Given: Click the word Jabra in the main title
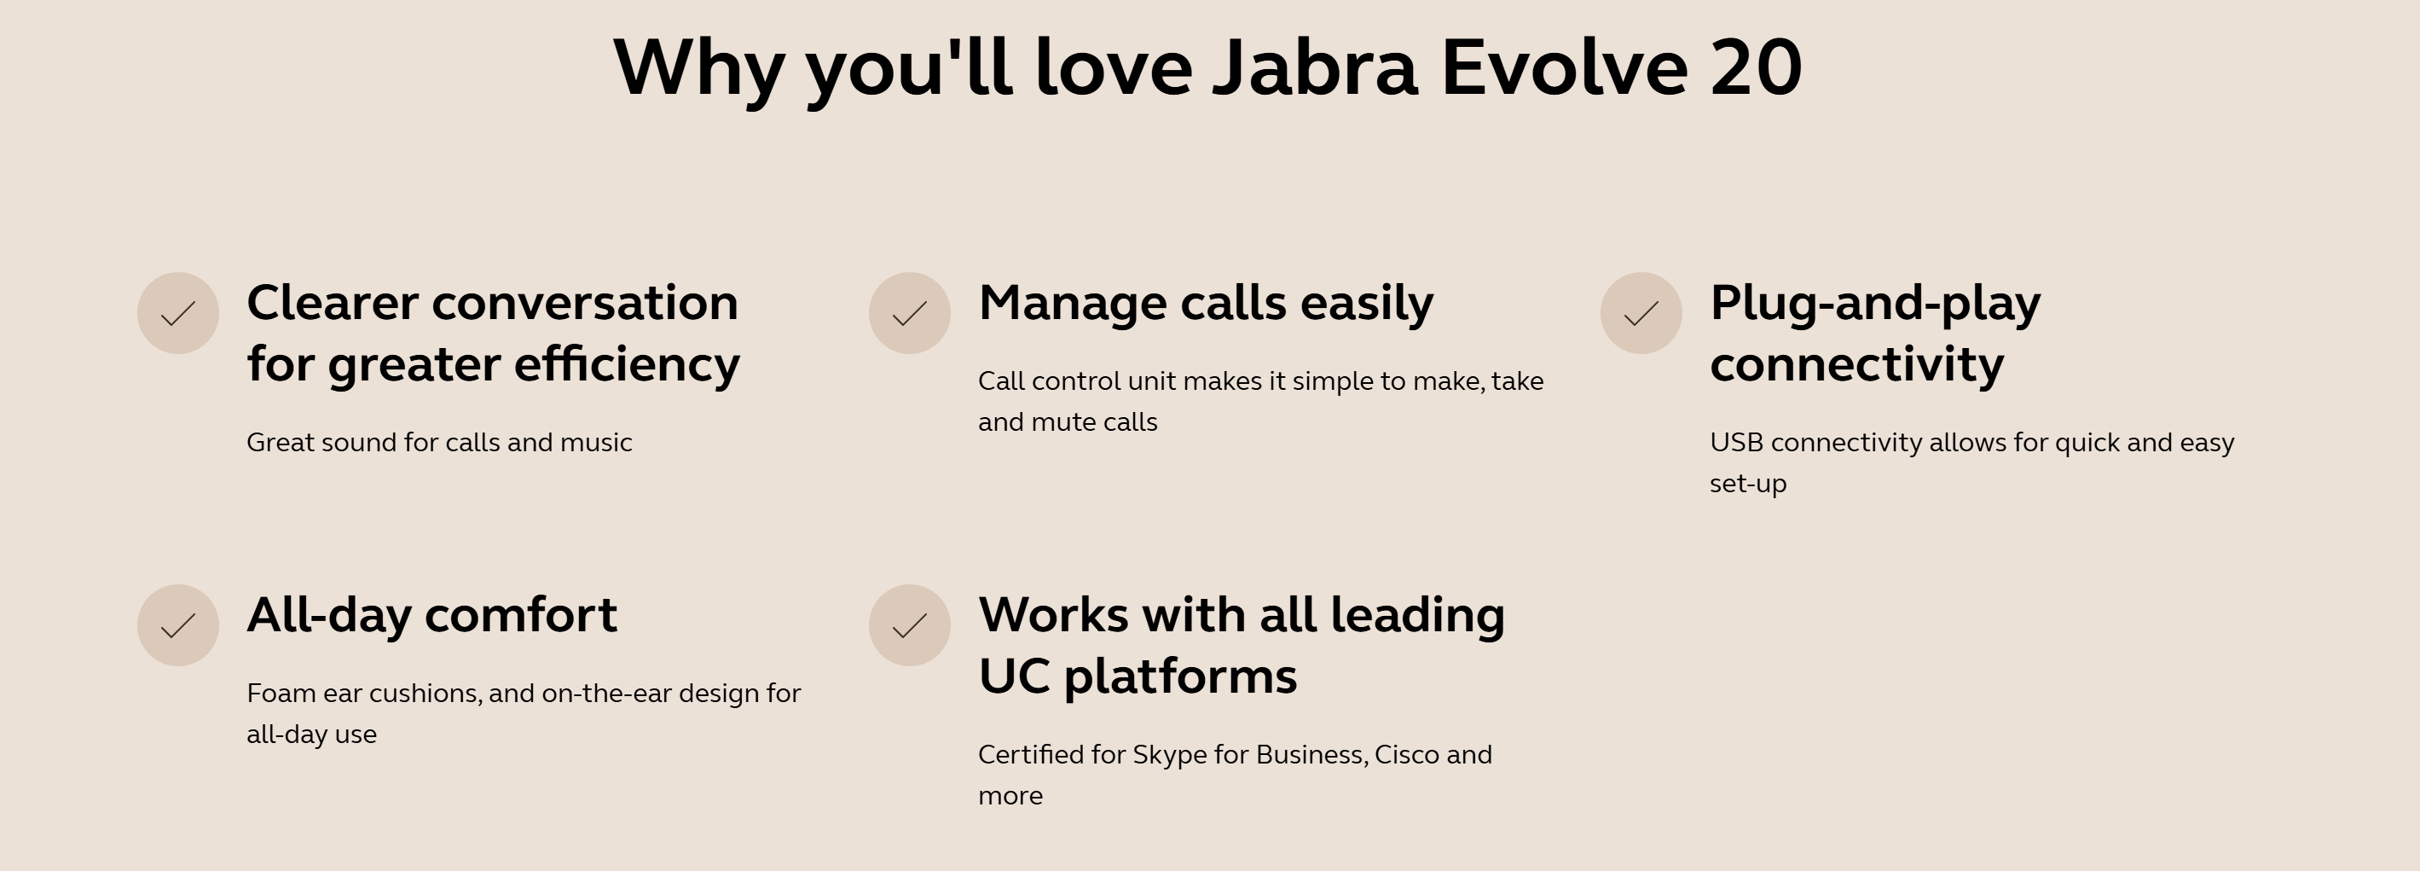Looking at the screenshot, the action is click(1315, 67).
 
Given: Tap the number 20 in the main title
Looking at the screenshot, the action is click(1756, 67).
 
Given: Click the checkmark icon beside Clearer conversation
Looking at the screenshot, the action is click(177, 313).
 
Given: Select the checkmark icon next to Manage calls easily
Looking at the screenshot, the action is click(909, 313).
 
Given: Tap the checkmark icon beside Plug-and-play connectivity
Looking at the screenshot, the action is click(1641, 313).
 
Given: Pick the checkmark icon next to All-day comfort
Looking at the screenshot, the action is click(177, 624).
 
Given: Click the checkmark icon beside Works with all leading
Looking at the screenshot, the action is click(909, 624).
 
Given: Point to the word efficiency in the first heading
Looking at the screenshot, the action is click(628, 365).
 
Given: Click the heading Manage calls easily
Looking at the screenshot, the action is click(1207, 305).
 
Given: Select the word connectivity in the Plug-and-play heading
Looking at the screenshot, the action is click(1857, 365).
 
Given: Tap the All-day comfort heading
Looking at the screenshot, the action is click(432, 615).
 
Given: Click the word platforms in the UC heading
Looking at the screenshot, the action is click(1181, 677).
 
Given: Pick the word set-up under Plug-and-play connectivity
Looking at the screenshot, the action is click(1748, 485).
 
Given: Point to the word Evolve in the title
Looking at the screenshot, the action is click(1564, 67).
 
